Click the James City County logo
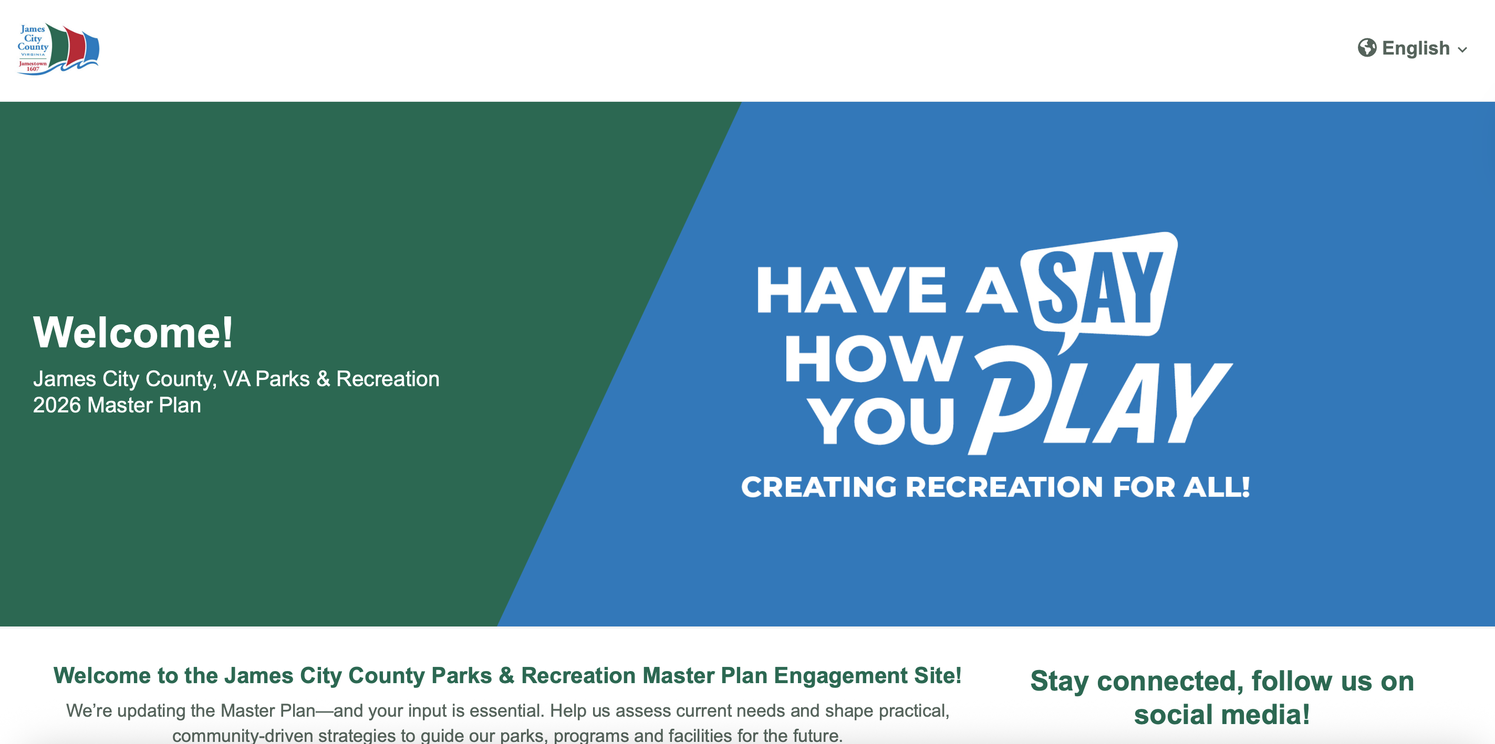point(58,49)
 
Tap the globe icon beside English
point(1367,48)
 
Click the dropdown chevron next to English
point(1462,50)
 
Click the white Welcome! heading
point(133,332)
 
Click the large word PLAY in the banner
point(1100,400)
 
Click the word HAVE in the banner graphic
point(852,290)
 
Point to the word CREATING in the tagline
point(819,486)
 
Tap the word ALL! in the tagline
point(1217,486)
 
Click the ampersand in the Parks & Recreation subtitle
point(323,379)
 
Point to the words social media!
point(1222,715)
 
